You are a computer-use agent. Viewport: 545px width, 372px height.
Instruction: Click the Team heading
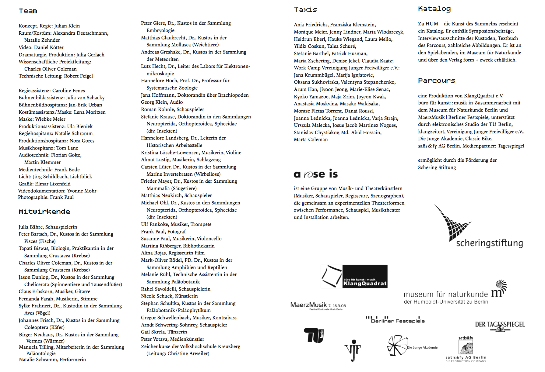coord(28,11)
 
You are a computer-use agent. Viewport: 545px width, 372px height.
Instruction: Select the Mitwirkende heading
coord(44,212)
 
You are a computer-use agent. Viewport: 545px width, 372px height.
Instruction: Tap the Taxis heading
coord(305,10)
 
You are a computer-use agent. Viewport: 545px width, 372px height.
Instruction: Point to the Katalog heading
coord(434,9)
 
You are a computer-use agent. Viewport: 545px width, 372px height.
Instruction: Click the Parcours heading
coord(437,81)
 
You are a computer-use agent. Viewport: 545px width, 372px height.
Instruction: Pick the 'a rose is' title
coord(316,174)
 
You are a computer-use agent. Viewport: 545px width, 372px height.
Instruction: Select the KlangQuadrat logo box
coord(354,276)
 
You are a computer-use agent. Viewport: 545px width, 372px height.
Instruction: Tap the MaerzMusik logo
coord(318,305)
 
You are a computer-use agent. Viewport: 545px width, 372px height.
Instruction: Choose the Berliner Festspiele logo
coord(395,320)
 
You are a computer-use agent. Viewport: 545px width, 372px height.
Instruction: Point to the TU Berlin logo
coord(313,336)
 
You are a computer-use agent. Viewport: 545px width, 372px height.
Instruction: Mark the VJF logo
coord(353,350)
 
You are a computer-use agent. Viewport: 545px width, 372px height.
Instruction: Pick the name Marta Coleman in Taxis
coord(311,139)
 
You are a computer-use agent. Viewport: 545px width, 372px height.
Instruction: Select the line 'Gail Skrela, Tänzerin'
coord(164,332)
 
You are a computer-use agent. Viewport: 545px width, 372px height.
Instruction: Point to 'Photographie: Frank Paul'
coord(46,197)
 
